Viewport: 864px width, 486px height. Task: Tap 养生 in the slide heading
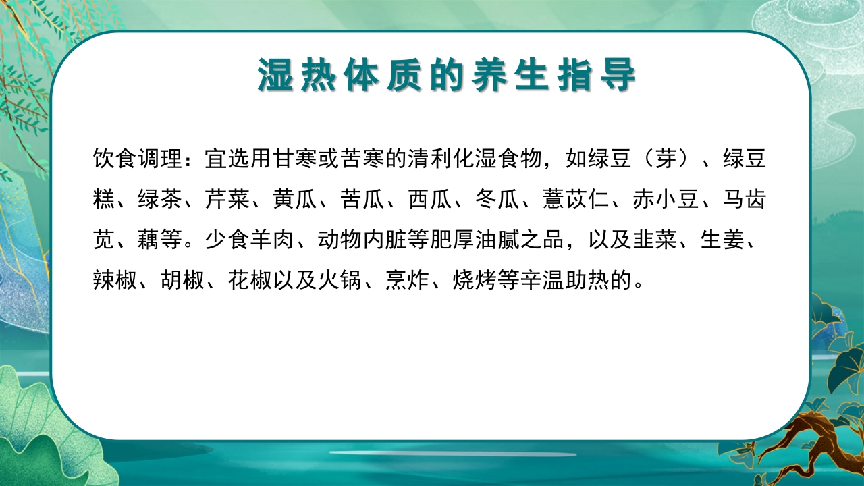[512, 76]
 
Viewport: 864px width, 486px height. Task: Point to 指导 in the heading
[599, 76]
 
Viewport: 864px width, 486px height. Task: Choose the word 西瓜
[430, 200]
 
